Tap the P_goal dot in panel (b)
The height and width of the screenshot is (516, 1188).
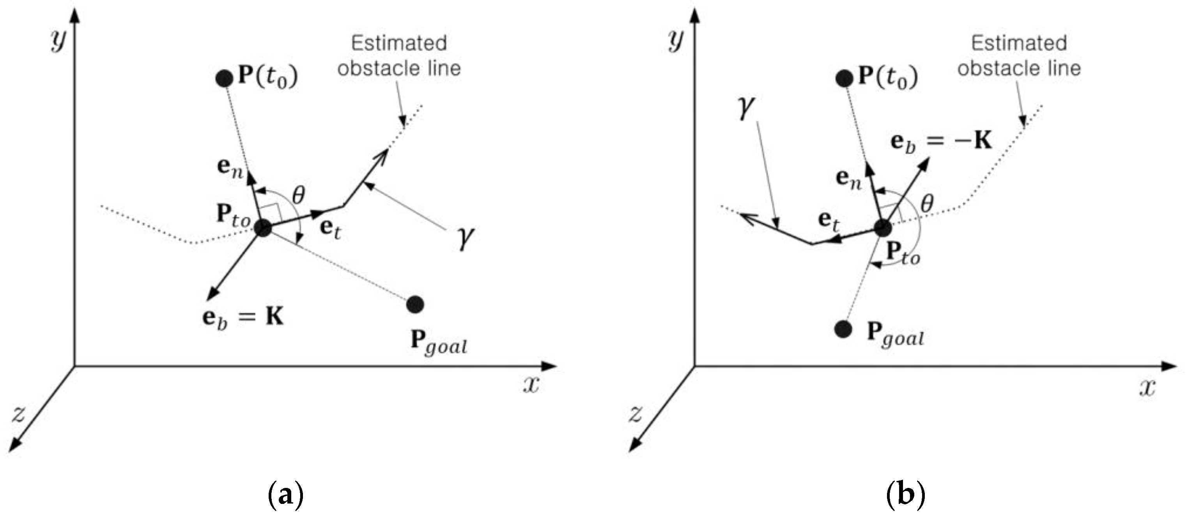843,329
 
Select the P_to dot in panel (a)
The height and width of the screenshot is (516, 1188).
263,228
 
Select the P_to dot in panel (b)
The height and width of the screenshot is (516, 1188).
882,228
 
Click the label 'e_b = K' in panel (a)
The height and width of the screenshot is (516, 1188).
243,318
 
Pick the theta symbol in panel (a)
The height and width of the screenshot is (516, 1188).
299,195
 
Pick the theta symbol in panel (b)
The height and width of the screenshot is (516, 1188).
926,203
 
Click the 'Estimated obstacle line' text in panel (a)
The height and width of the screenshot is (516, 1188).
399,56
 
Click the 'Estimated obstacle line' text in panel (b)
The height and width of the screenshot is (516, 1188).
1019,56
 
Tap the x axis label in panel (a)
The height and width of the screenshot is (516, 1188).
531,384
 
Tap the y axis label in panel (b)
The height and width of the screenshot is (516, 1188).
676,41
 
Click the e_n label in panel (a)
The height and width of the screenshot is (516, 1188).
230,167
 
